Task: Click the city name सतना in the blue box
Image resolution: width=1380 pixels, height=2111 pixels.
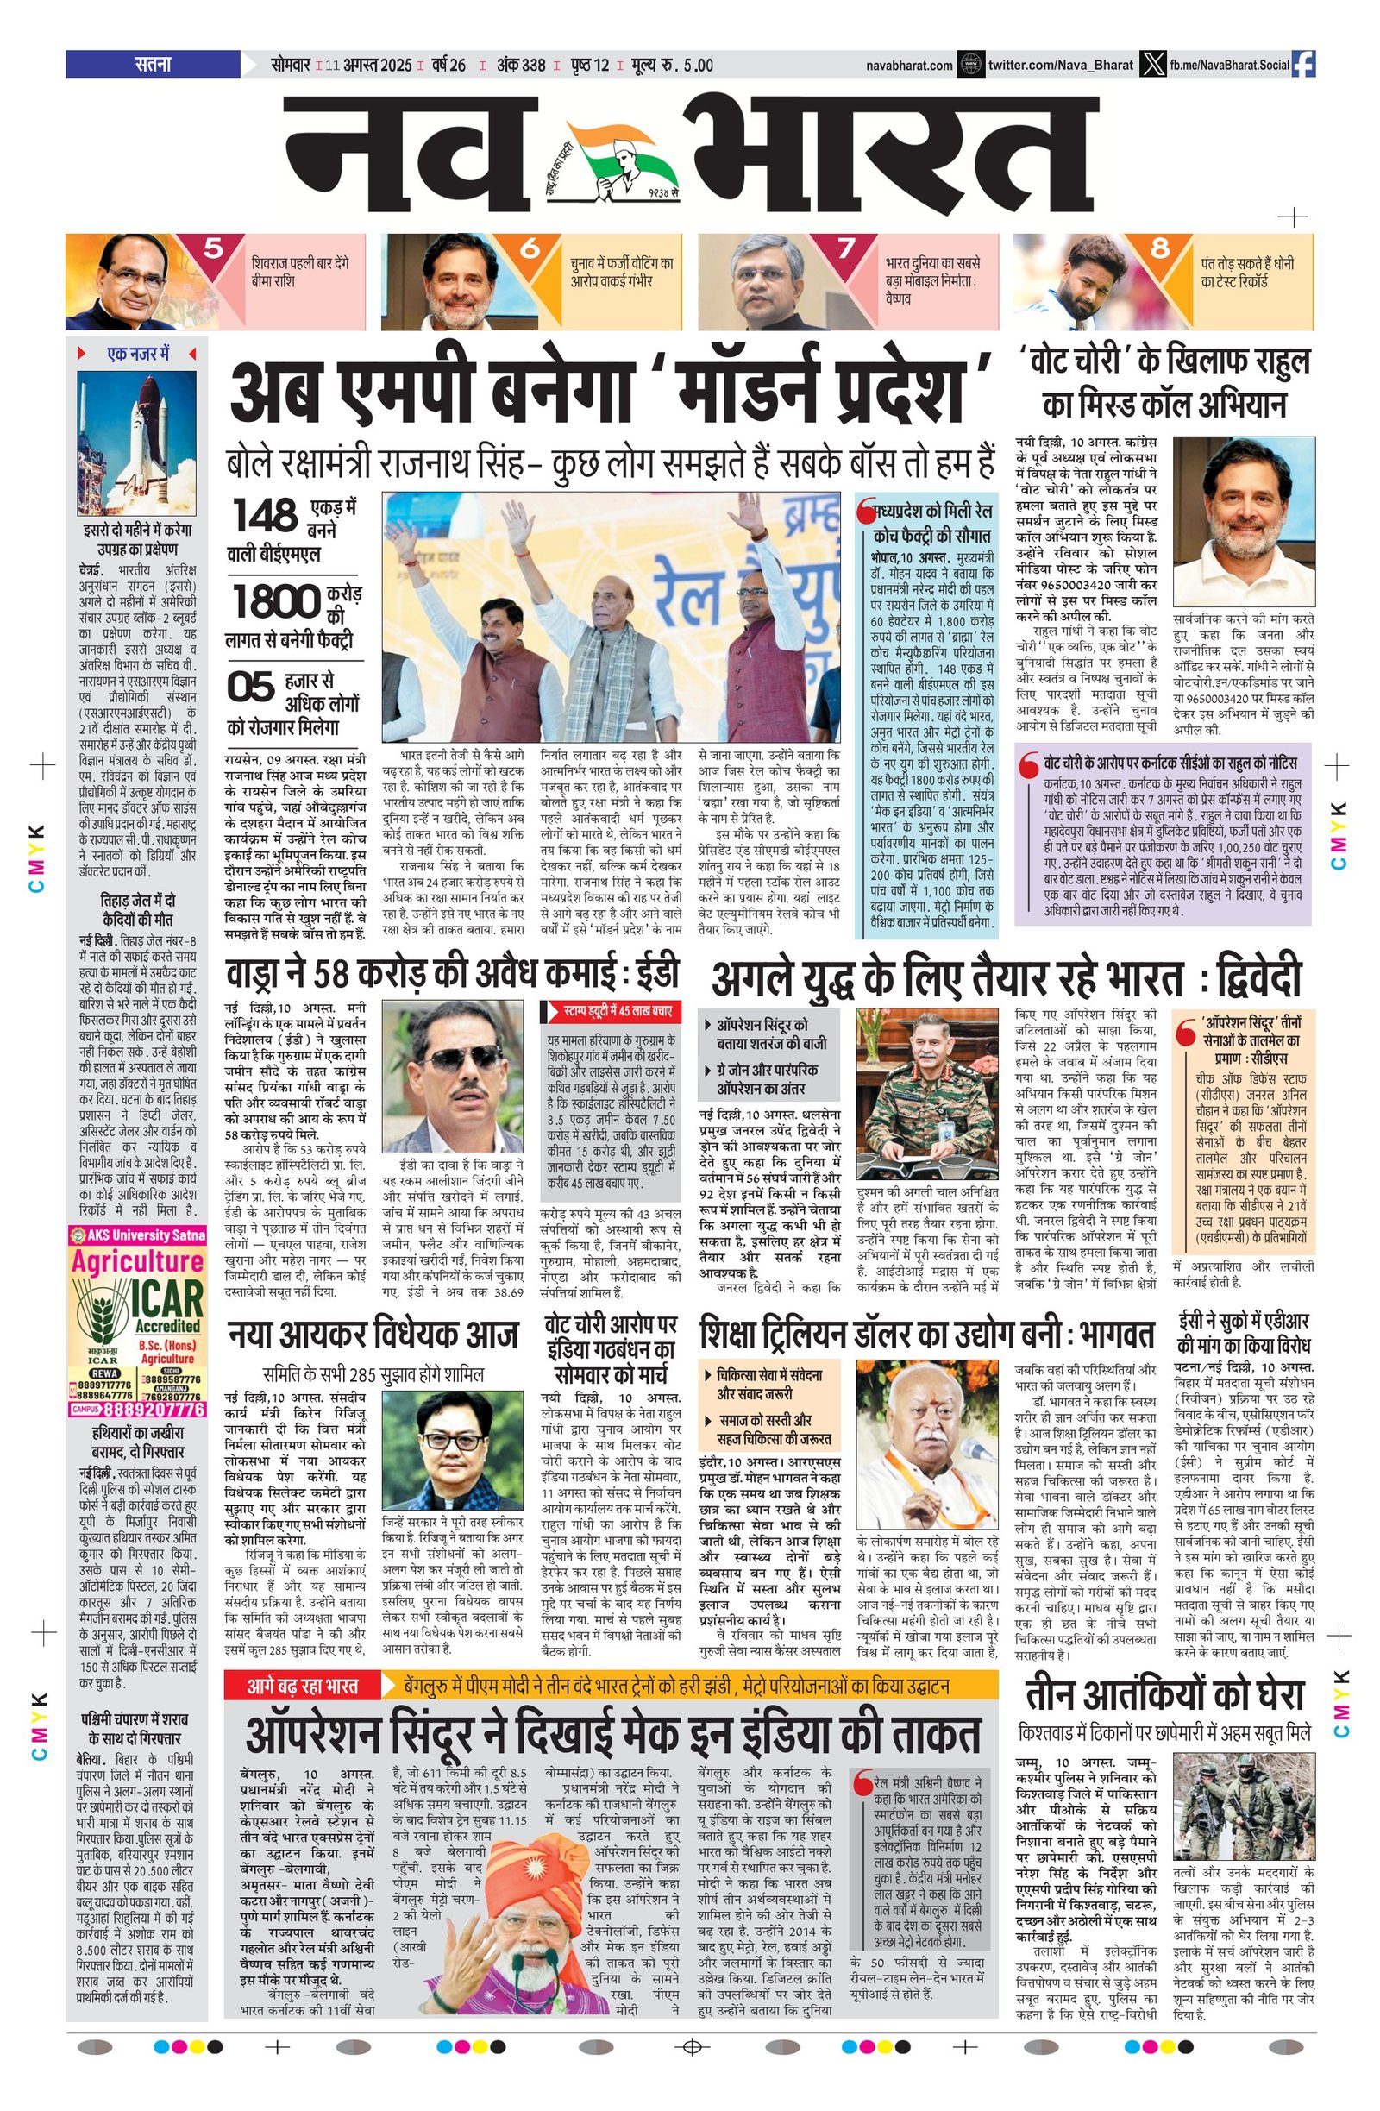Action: click(153, 65)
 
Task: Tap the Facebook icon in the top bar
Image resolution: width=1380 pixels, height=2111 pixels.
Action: click(1303, 65)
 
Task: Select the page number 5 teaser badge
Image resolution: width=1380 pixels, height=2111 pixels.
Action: click(213, 249)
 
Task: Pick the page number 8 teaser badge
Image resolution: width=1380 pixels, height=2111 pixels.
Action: click(1159, 249)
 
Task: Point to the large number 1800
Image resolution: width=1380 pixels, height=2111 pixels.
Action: click(276, 602)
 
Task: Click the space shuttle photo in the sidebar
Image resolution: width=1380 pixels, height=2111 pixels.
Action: click(135, 443)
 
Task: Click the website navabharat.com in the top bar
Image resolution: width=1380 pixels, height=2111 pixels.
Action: click(909, 66)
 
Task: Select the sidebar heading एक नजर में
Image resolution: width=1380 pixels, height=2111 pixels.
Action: click(137, 354)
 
